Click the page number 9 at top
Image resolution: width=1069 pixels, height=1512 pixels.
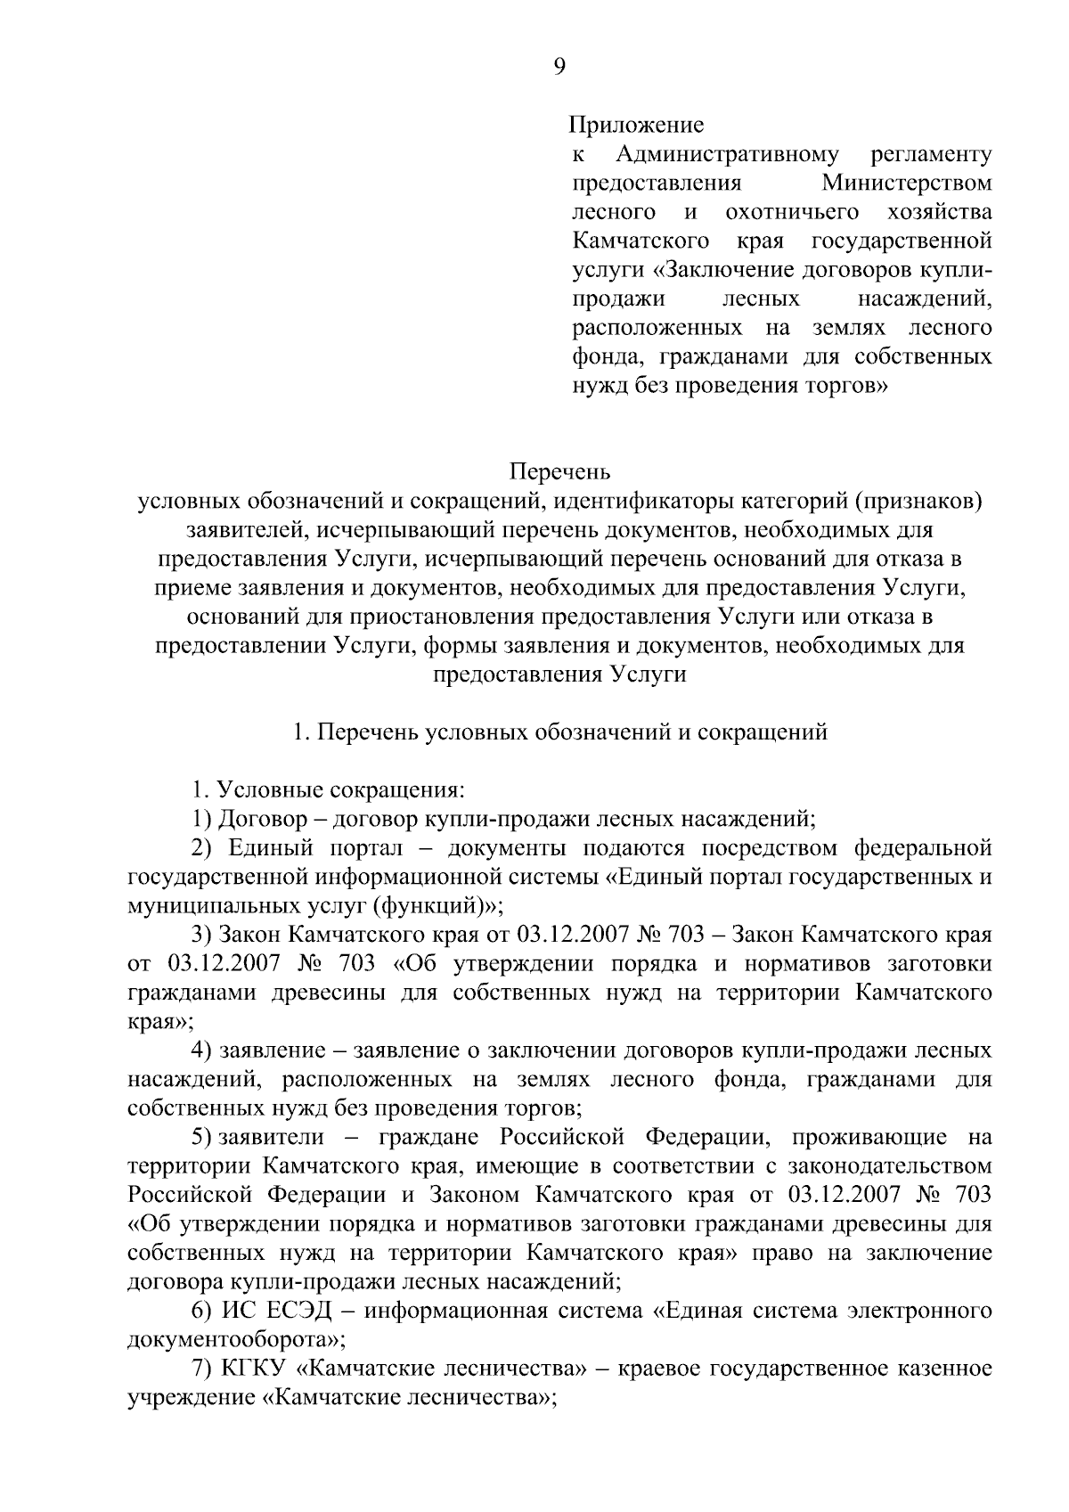point(559,68)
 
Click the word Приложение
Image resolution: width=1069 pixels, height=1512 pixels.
point(637,126)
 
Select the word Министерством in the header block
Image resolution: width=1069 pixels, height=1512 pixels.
point(906,184)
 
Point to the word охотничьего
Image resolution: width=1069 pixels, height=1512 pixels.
point(792,213)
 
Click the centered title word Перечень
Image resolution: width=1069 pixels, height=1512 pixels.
point(559,470)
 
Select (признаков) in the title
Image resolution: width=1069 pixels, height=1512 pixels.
point(919,502)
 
